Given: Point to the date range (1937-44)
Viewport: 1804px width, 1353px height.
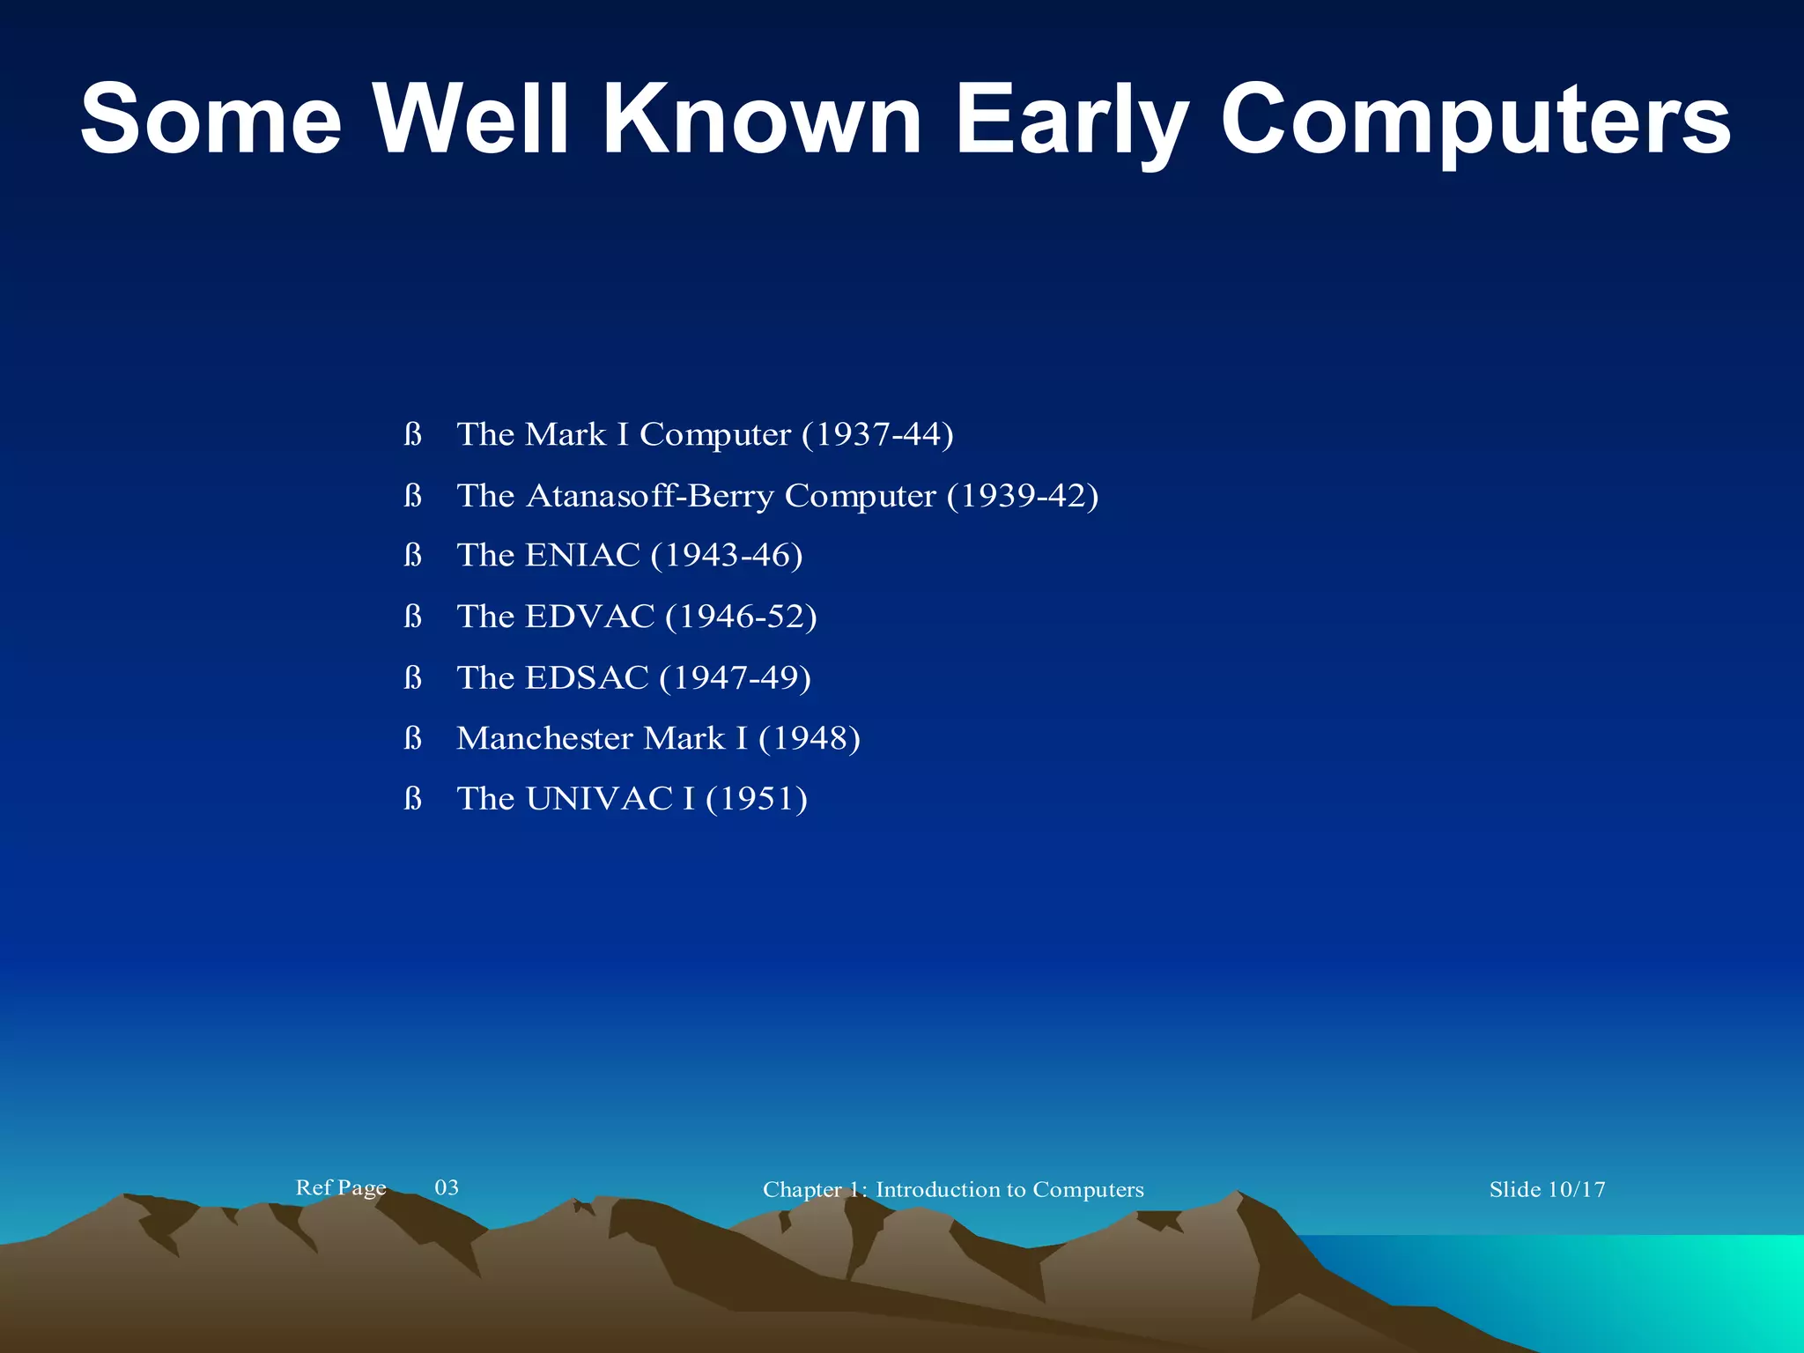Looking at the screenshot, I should point(877,434).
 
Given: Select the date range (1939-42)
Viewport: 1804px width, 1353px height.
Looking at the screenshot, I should point(1023,496).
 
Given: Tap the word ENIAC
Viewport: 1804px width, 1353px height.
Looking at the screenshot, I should point(582,555).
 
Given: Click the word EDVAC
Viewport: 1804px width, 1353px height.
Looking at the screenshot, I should point(590,617).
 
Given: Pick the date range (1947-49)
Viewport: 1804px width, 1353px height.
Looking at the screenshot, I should point(735,677).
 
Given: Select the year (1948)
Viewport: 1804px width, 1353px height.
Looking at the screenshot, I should point(809,738).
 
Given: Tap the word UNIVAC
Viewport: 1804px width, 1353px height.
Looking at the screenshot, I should point(599,799).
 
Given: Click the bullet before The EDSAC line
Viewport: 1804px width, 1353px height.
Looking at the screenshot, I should point(412,677).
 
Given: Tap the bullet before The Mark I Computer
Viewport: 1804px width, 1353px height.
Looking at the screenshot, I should point(412,434).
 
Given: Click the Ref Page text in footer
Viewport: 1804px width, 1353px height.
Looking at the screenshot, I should point(341,1187).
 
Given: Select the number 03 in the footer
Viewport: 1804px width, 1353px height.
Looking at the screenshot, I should point(447,1187).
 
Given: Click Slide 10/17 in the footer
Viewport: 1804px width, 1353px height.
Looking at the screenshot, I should point(1547,1189).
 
